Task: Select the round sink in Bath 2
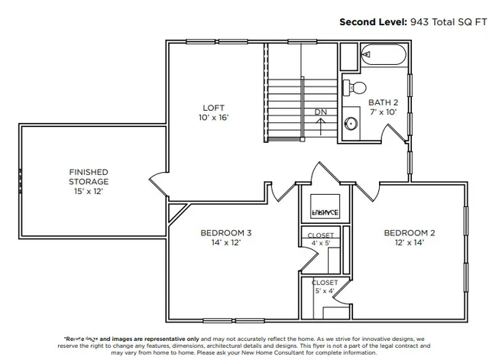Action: pyautogui.click(x=351, y=123)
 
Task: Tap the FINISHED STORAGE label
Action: pyautogui.click(x=89, y=177)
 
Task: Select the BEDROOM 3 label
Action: pyautogui.click(x=226, y=232)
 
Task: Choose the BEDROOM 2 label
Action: pyautogui.click(x=410, y=232)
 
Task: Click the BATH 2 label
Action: pyautogui.click(x=383, y=102)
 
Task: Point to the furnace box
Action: pyautogui.click(x=325, y=209)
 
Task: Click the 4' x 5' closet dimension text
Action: pyautogui.click(x=321, y=243)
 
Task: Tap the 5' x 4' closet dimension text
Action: pyautogui.click(x=324, y=291)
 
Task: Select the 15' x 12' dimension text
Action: pyautogui.click(x=89, y=192)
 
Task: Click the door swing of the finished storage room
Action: pyautogui.click(x=157, y=183)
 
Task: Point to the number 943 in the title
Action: pyautogui.click(x=419, y=22)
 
